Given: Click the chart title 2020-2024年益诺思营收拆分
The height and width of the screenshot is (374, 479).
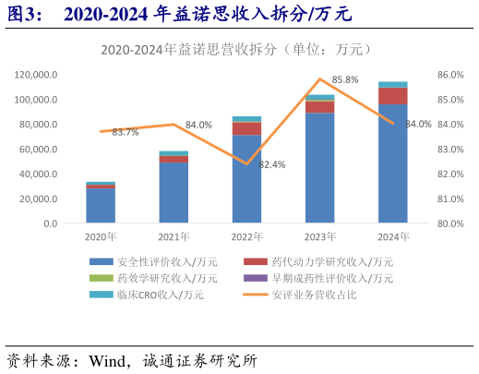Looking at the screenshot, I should (x=238, y=51).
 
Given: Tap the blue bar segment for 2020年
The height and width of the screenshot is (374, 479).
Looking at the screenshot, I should (x=101, y=205).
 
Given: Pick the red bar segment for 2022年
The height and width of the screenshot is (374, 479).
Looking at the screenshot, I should (x=246, y=128).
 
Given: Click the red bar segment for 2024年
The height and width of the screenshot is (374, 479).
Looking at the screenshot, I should (x=392, y=96).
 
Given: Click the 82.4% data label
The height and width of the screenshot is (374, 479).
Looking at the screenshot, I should (x=271, y=164).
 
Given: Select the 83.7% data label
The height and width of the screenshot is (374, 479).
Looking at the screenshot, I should (x=126, y=132).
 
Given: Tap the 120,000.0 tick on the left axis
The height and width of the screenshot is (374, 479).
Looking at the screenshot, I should (x=37, y=74).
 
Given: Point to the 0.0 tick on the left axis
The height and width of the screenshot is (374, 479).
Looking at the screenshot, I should (x=49, y=223).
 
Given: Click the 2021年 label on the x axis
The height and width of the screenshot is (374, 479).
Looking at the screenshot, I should (x=174, y=237).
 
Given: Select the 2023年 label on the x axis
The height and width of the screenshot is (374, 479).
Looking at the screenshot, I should (x=319, y=237).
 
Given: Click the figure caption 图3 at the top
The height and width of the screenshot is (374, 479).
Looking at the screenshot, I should (x=23, y=14).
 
